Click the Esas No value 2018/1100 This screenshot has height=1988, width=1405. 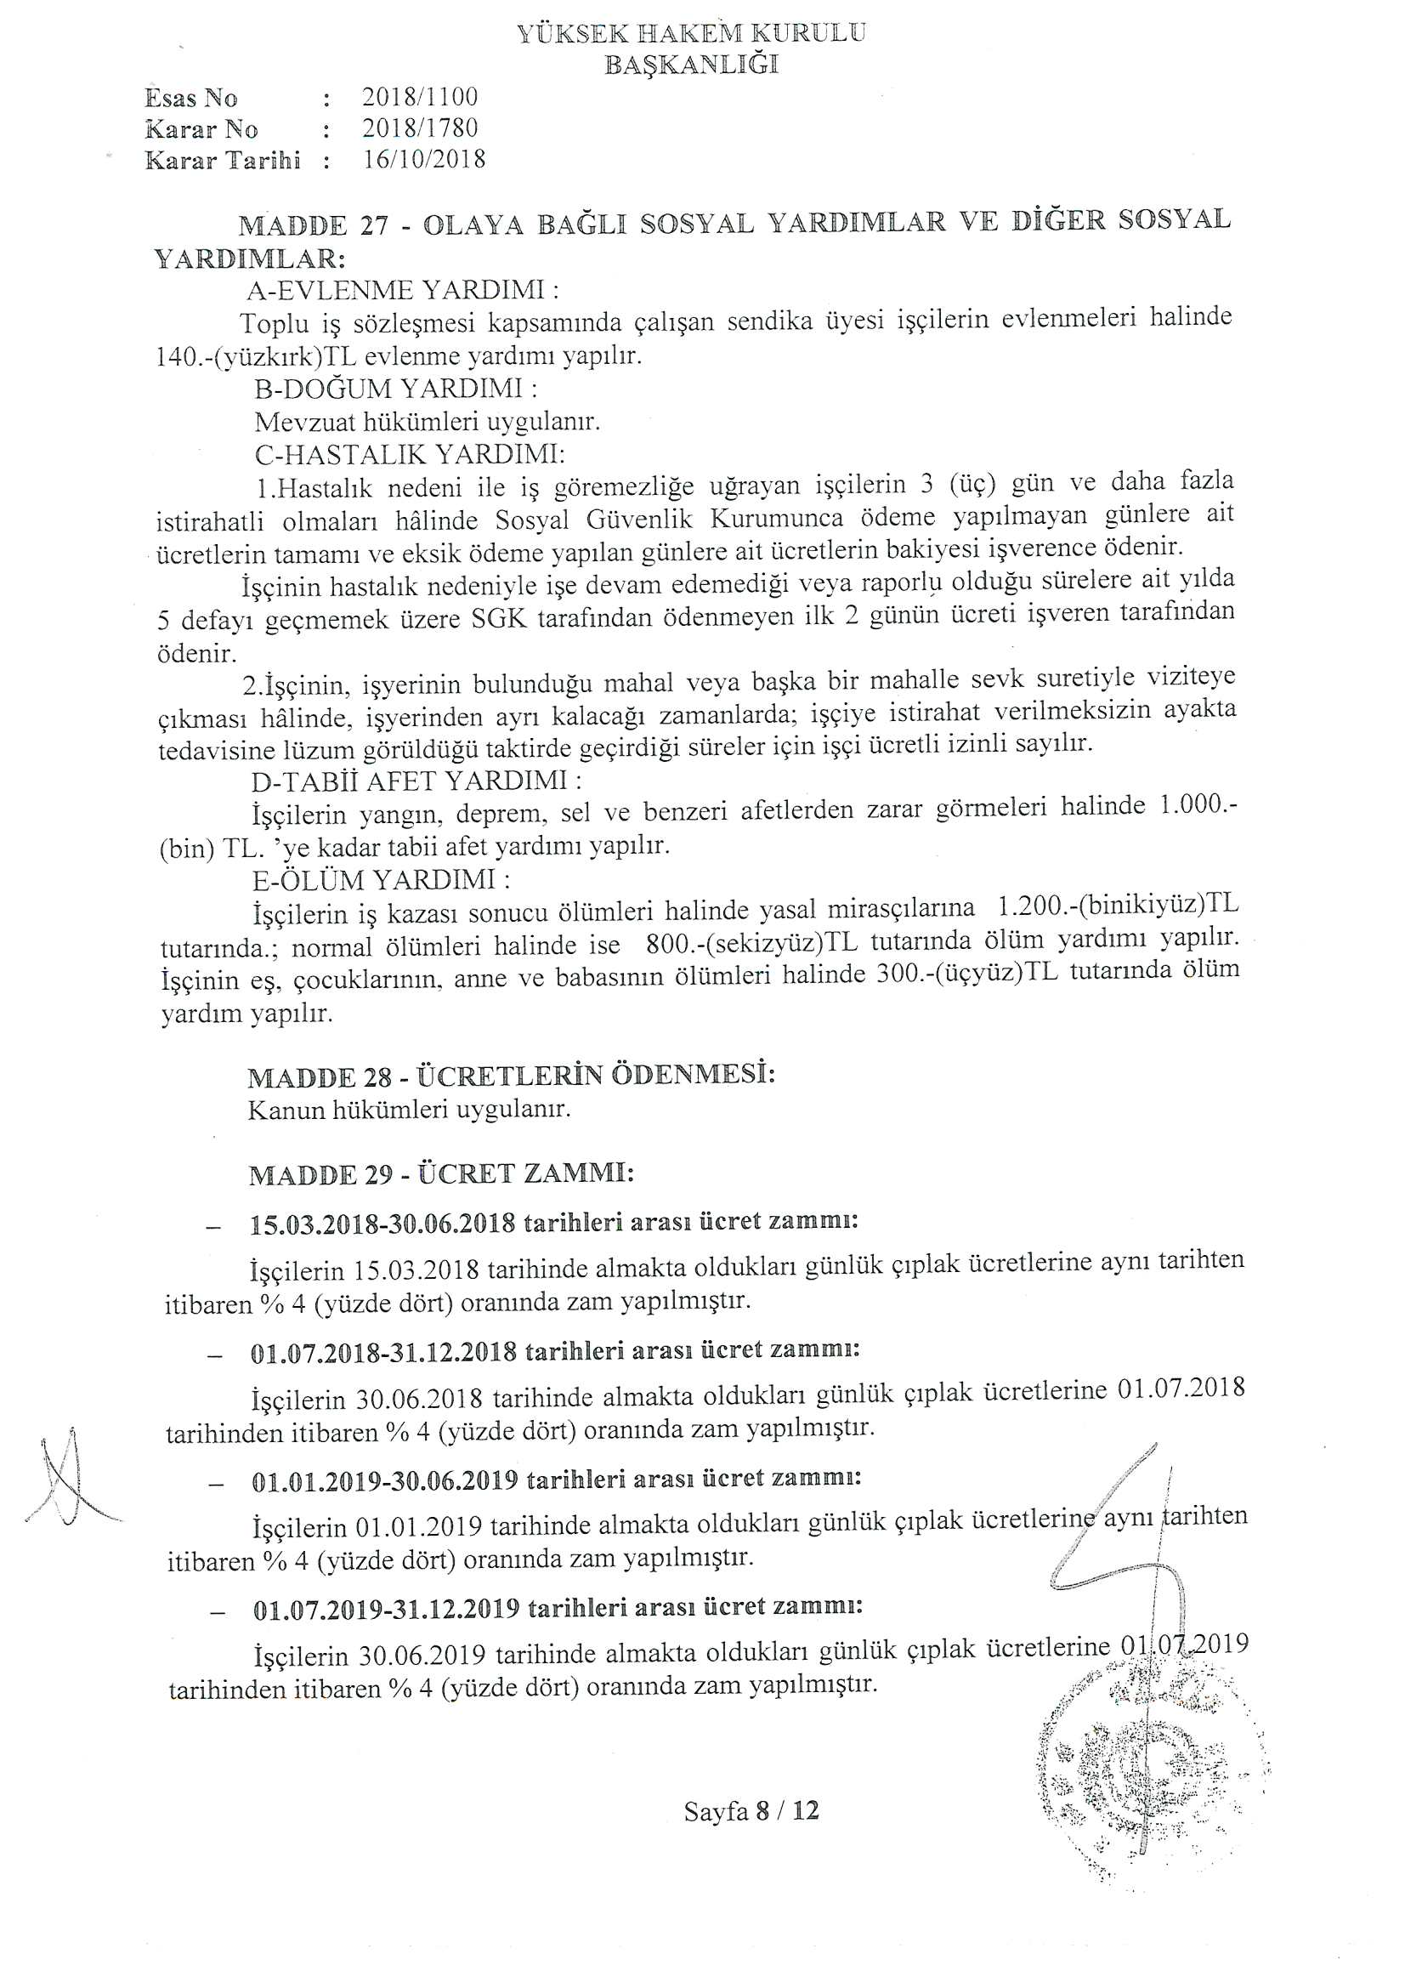[420, 97]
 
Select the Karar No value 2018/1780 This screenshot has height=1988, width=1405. [420, 129]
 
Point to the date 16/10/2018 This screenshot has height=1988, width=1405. [424, 160]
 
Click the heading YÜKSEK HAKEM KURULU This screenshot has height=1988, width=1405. [691, 34]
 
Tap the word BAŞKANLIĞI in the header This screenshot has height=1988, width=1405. [691, 65]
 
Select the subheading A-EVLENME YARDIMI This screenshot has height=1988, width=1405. [403, 290]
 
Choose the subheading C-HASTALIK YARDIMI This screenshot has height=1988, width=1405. [409, 455]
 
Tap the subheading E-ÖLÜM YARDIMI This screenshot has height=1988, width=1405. [381, 881]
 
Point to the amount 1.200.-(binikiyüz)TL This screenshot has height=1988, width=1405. [1118, 906]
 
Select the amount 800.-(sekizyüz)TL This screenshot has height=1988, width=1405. [757, 943]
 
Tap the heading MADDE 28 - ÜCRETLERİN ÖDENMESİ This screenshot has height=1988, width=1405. [511, 1076]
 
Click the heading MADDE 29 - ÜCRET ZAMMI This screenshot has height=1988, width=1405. [441, 1174]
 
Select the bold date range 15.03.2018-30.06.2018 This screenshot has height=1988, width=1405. [382, 1224]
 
